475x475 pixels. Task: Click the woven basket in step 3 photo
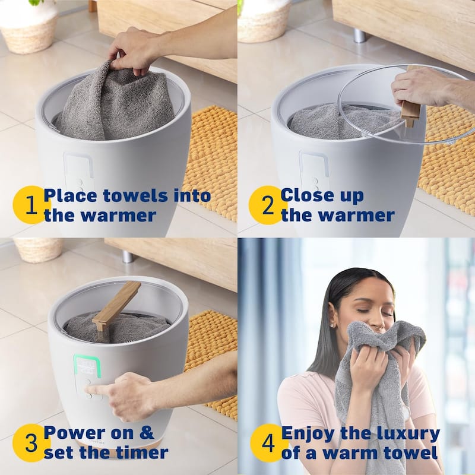pos(38,249)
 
